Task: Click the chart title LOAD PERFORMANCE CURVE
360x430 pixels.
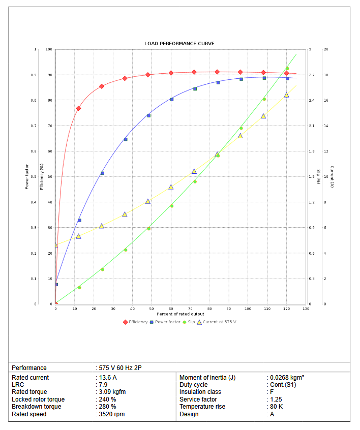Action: pos(179,44)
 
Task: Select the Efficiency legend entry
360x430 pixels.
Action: pos(135,322)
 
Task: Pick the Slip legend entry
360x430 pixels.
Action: pos(189,322)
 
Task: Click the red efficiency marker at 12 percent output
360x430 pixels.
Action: pos(78,108)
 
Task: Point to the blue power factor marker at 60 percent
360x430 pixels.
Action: pos(172,99)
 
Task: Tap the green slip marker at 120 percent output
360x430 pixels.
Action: pos(287,69)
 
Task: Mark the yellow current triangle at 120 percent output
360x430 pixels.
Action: pos(286,95)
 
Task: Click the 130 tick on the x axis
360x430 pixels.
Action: pos(306,309)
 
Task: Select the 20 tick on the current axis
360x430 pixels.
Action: pos(325,49)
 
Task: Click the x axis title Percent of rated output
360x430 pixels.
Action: pos(181,314)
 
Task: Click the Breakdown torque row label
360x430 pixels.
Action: pos(37,407)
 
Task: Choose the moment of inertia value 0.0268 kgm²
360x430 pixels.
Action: pos(287,378)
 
